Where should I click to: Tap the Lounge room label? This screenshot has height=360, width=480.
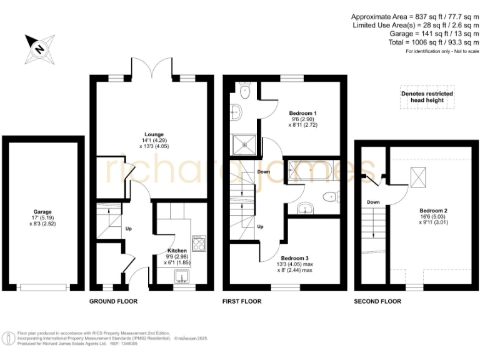tap(154, 134)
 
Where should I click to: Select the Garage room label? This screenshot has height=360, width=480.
tap(43, 212)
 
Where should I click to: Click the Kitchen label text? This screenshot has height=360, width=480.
tap(177, 251)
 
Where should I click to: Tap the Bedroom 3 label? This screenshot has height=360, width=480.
tap(294, 257)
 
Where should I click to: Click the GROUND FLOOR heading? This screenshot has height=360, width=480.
tap(113, 301)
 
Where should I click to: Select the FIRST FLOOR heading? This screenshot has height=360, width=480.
tap(242, 301)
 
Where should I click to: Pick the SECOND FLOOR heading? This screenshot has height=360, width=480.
tap(377, 301)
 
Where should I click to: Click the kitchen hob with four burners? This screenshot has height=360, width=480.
tap(198, 242)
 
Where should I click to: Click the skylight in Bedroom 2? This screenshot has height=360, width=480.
tap(417, 177)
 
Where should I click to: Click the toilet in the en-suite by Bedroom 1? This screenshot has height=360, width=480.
tap(245, 91)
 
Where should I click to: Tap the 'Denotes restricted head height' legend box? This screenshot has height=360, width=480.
tap(427, 97)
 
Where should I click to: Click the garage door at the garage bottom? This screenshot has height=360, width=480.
tap(43, 287)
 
